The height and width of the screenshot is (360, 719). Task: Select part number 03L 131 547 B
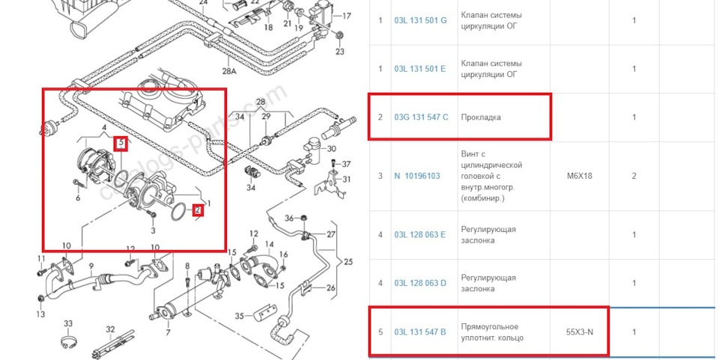point(419,332)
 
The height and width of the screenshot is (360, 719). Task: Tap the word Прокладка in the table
point(480,118)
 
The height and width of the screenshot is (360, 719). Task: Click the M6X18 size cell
point(580,176)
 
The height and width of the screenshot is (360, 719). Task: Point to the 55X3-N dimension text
point(580,332)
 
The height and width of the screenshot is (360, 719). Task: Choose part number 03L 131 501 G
point(419,20)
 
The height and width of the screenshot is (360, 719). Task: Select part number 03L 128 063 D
point(419,283)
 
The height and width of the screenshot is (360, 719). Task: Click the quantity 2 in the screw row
point(634,176)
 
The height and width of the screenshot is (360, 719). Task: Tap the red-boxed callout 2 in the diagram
point(198,210)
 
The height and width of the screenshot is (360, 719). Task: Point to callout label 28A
point(228,71)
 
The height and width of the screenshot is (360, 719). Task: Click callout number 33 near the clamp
point(68,324)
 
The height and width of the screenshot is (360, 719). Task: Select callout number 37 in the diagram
point(346,164)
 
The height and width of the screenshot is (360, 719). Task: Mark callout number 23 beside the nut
point(339,52)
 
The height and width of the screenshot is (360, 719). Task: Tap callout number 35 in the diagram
point(240,317)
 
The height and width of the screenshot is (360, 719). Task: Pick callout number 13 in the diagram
point(41,314)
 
